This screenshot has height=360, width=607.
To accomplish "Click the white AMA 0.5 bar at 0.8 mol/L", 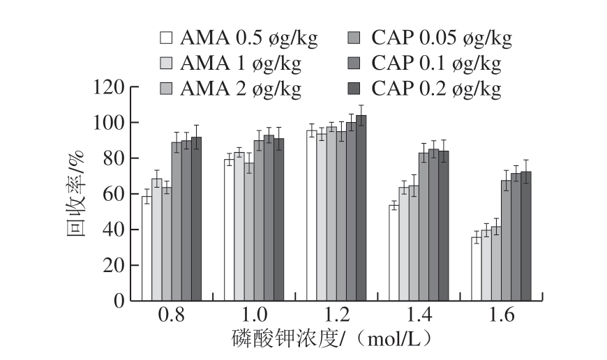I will (147, 249).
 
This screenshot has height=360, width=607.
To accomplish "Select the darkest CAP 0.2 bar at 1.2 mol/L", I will (361, 209).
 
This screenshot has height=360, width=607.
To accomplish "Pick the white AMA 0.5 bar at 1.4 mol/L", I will (394, 253).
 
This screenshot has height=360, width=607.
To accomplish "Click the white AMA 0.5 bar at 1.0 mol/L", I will (229, 230).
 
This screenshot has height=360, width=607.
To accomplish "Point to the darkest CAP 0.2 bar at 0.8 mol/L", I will (196, 219).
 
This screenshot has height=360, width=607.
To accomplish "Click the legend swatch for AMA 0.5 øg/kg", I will (165, 38).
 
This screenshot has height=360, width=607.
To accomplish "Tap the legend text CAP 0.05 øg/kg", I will (441, 38).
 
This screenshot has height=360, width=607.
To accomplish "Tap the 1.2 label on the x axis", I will (336, 316).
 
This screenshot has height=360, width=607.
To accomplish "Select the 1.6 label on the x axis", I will (501, 316).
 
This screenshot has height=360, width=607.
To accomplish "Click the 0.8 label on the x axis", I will (172, 316).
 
